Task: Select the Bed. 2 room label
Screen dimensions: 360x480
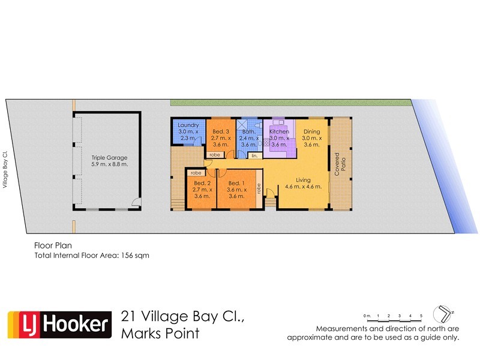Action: point(202,183)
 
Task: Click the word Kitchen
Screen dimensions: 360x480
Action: point(279,131)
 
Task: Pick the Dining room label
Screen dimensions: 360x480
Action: point(311,131)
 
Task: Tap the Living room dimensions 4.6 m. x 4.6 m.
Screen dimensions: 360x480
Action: point(303,187)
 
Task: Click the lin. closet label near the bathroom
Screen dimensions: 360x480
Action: point(254,155)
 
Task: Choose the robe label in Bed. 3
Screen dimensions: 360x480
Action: point(214,155)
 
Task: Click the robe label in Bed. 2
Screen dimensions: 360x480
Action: point(196,173)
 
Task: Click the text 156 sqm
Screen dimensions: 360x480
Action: point(137,255)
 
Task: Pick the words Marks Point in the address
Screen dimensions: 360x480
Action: point(160,334)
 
